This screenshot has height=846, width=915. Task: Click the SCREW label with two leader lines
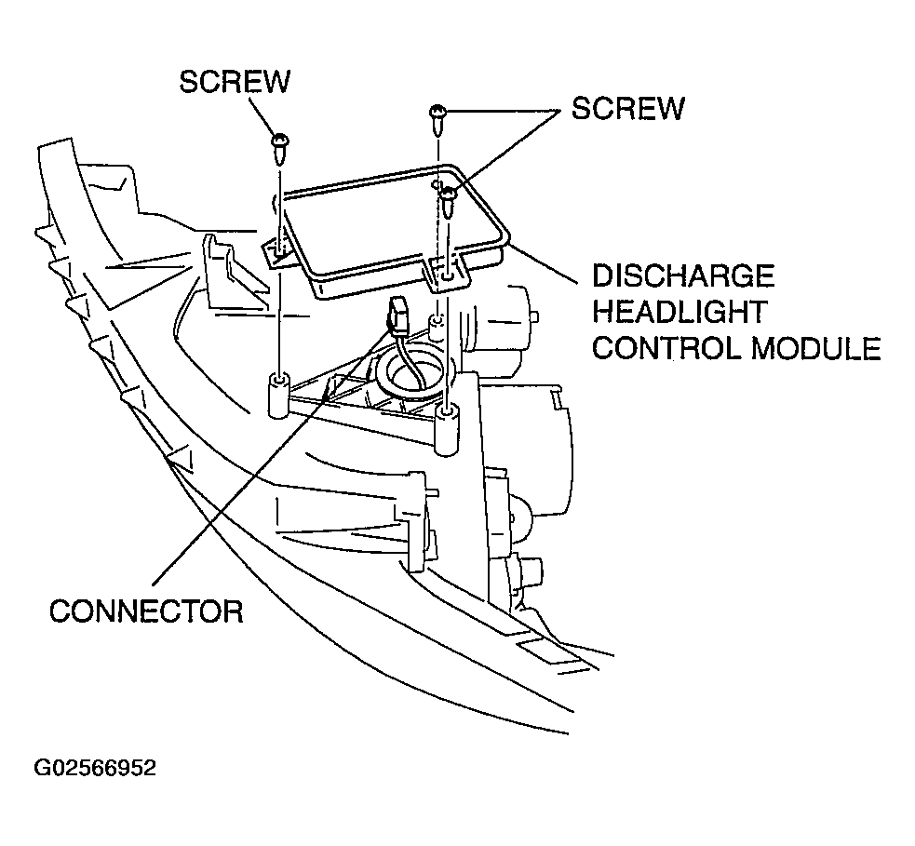(627, 108)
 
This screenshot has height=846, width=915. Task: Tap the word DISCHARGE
(684, 276)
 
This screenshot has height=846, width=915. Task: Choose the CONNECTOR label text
(146, 611)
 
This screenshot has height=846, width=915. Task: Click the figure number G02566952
(95, 768)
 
